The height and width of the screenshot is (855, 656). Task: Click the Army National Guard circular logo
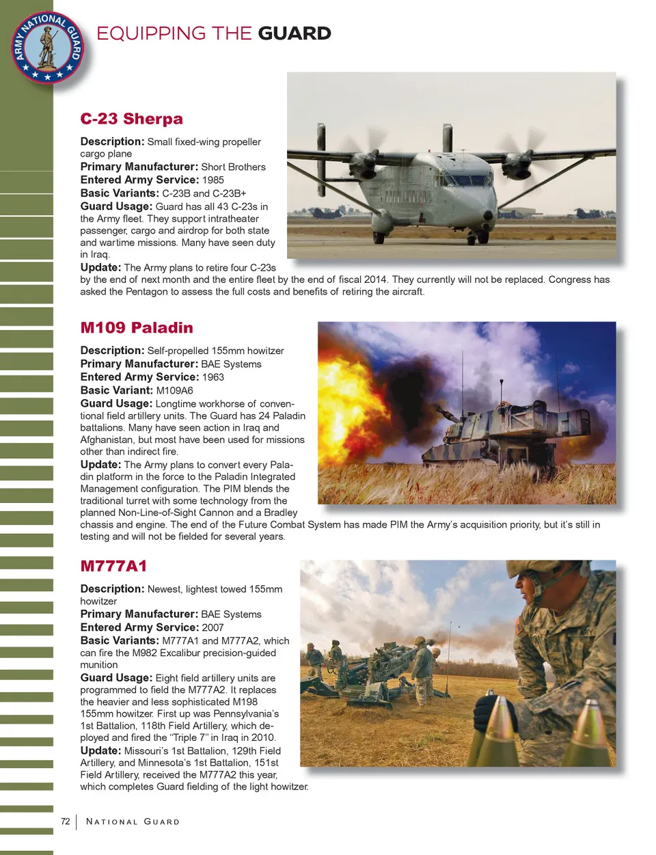coord(47,47)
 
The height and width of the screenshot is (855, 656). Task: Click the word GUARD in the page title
coord(295,33)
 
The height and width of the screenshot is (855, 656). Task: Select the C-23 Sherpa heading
coord(131,119)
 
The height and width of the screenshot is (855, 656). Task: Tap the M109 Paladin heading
coord(137,327)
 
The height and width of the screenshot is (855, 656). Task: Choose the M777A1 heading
coord(113,566)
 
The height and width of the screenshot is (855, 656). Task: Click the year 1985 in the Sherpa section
coord(213,180)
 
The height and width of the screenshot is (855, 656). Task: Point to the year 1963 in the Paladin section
coord(213,377)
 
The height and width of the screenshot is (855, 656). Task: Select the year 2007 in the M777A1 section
coord(213,627)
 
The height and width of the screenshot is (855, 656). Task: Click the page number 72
coord(66,822)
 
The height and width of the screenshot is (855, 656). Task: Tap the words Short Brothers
coord(233,167)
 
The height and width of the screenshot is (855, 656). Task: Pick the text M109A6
coord(174,390)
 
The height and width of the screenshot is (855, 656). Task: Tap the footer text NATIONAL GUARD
coord(133,822)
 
